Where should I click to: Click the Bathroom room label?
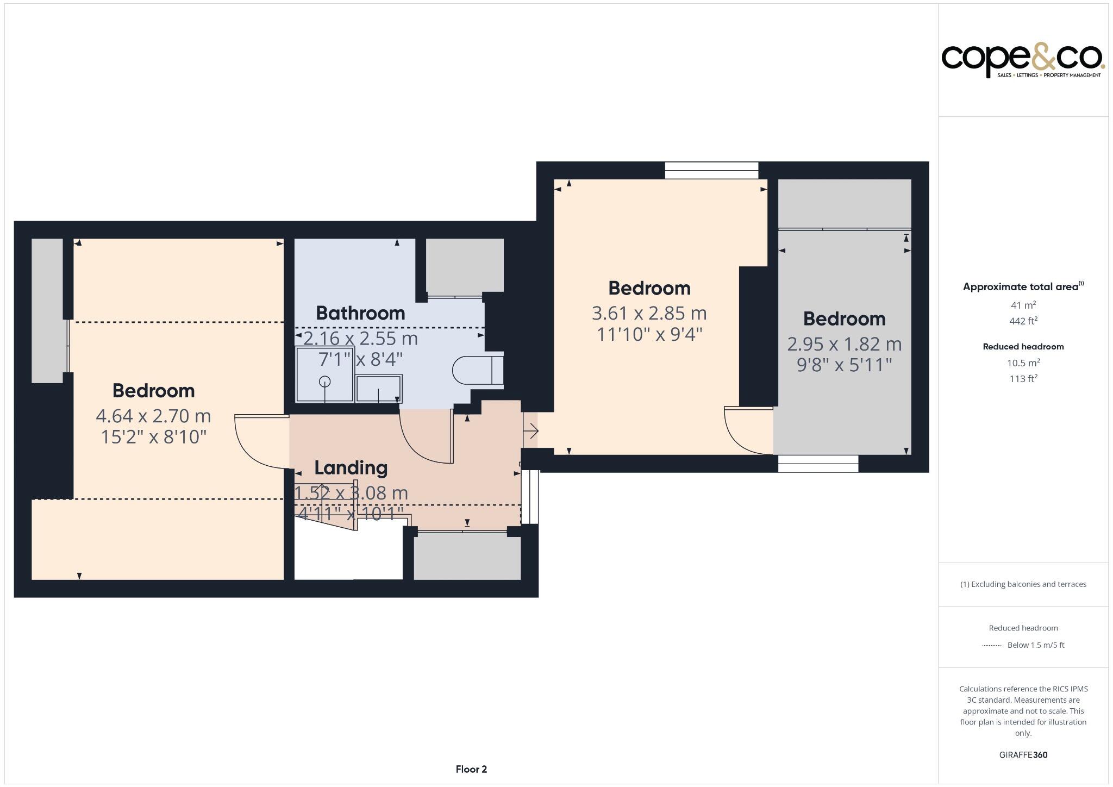360,313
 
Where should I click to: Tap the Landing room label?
351,467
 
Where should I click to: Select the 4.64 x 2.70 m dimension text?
153,416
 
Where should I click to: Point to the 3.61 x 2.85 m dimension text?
649,313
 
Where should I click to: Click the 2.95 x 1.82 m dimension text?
844,344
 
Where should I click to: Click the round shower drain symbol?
324,382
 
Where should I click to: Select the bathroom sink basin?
379,388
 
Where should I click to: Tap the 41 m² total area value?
1023,305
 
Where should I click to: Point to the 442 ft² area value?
1023,321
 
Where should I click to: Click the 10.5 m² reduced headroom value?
1023,363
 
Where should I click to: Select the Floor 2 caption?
471,769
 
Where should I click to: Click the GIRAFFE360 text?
1023,754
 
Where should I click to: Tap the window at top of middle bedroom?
711,170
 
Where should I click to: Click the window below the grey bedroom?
818,464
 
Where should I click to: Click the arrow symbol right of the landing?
532,432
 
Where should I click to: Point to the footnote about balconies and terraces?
1023,584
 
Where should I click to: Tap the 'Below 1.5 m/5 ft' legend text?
1035,645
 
